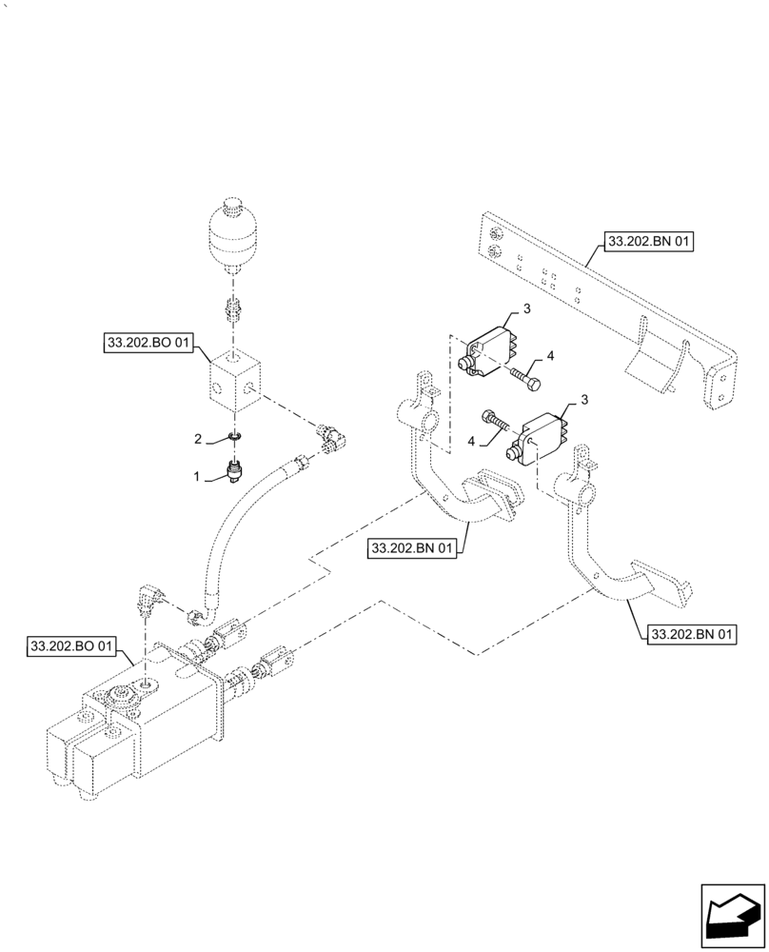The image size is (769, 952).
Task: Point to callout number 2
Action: point(198,439)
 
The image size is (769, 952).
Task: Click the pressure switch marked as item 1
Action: point(235,470)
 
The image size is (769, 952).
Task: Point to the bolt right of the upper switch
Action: point(526,377)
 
